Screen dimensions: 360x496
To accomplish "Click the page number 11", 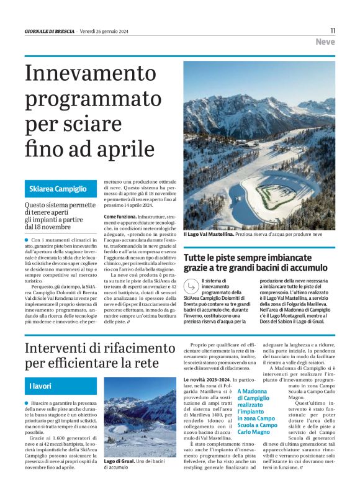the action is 333,30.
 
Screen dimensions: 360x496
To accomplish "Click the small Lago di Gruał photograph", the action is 140,417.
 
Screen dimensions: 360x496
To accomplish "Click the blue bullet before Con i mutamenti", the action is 27,240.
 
